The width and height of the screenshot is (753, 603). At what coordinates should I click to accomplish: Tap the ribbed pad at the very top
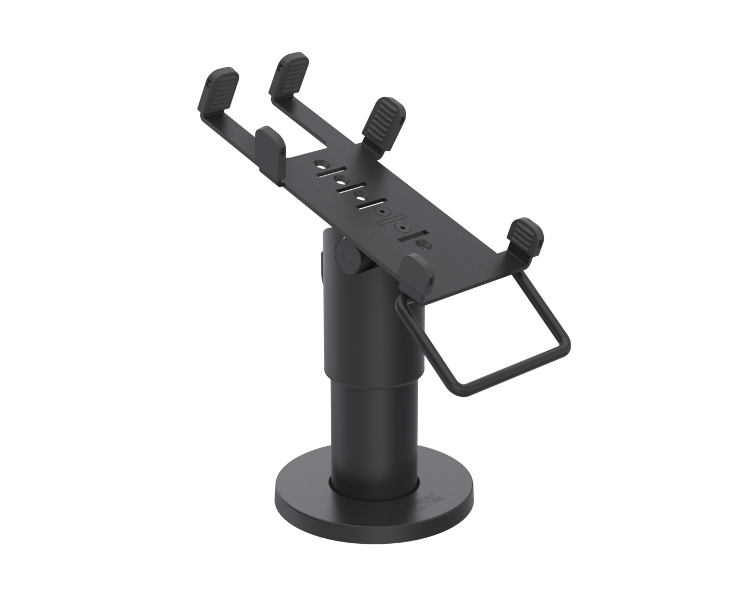289,73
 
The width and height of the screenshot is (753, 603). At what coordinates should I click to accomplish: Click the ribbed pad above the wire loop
524,238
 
